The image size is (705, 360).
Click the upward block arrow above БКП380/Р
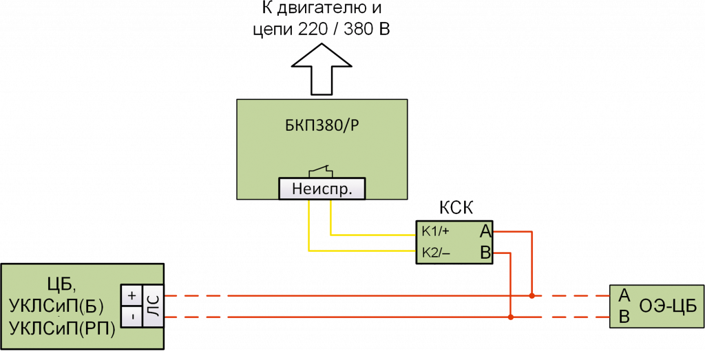[x=322, y=68]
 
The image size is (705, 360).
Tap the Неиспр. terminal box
[x=322, y=189]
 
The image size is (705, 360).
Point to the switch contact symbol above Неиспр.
[x=321, y=170]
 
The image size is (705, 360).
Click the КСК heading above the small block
[x=456, y=209]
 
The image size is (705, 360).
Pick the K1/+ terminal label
[x=436, y=231]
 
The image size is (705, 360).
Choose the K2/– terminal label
[x=436, y=253]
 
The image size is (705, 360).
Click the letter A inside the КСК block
[x=486, y=231]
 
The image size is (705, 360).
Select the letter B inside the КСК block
[x=486, y=253]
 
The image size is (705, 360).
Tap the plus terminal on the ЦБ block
[x=131, y=295]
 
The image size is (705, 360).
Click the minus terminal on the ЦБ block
[x=131, y=317]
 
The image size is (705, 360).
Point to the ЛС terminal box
[x=154, y=306]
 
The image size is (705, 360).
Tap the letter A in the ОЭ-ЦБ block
[x=625, y=295]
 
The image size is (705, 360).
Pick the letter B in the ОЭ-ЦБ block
[x=625, y=317]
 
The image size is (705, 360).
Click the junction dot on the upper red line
[x=532, y=296]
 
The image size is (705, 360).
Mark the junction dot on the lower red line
[x=510, y=317]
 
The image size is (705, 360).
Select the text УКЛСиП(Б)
[x=56, y=306]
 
